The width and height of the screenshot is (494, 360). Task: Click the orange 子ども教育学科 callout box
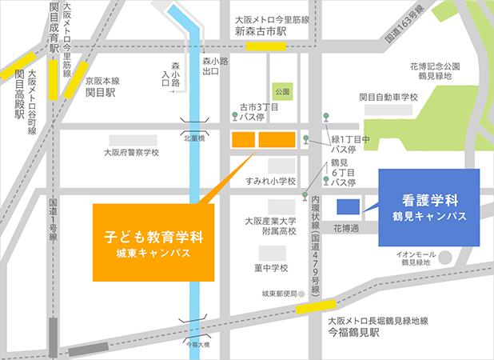point(154,243)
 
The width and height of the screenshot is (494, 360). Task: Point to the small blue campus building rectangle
point(348,206)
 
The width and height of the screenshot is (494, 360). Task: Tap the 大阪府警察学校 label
point(132,152)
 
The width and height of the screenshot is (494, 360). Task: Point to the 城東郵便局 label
point(279,294)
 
